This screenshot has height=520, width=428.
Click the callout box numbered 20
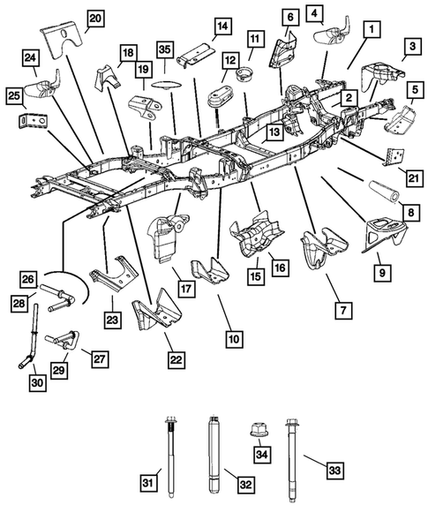click(x=94, y=18)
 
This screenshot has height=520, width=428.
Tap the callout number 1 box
click(x=374, y=30)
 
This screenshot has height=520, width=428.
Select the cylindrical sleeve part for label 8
click(x=372, y=191)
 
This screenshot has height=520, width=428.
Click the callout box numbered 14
click(x=222, y=26)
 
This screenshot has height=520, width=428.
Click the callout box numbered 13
click(x=274, y=132)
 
